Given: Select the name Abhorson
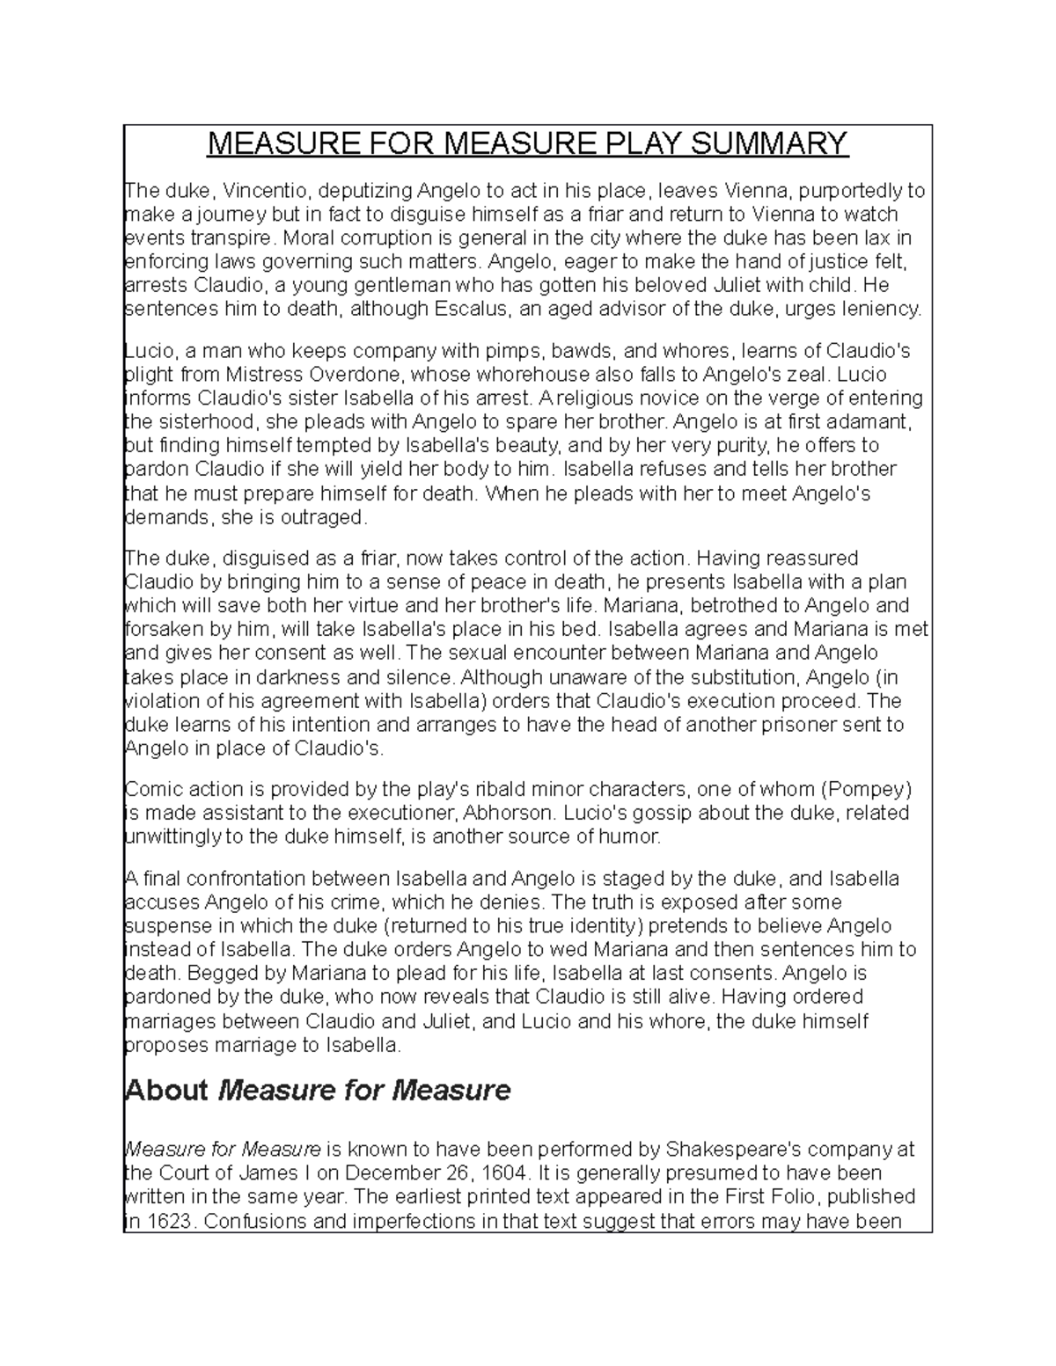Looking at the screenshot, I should (489, 813).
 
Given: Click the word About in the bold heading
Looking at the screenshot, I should (166, 1092).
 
